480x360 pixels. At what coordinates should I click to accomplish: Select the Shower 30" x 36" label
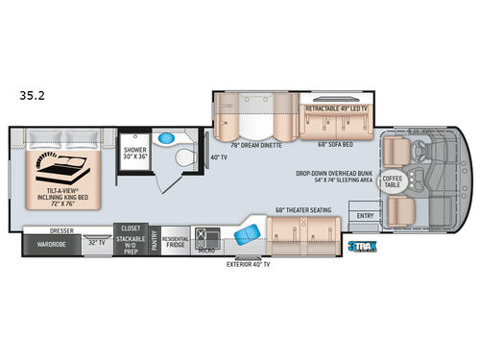coord(133,154)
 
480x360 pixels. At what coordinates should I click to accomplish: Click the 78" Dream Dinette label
coord(245,145)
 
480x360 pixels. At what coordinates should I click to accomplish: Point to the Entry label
coord(366,216)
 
